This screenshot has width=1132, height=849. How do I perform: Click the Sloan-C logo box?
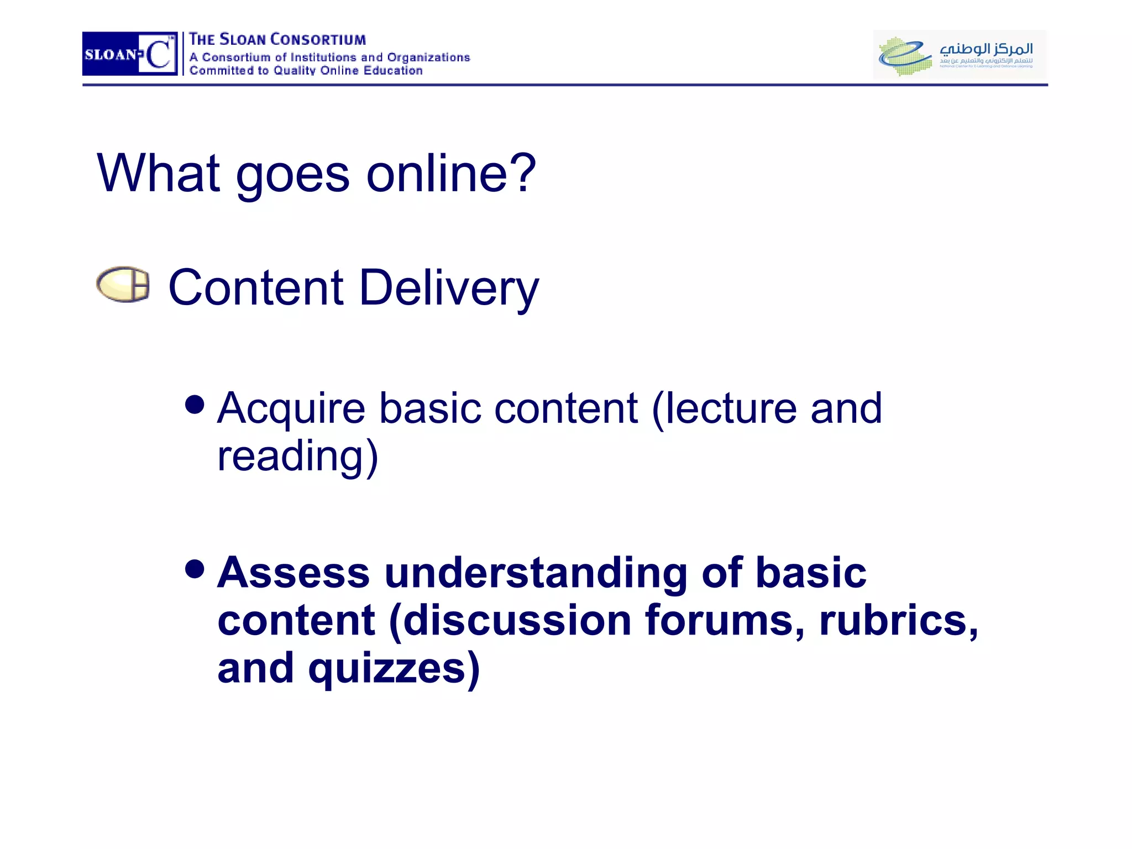click(129, 54)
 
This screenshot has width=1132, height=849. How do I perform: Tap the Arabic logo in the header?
click(959, 54)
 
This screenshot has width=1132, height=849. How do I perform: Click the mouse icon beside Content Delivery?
click(123, 285)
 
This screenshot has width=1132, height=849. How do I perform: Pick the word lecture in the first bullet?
click(724, 409)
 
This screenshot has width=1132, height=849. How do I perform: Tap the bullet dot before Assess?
click(195, 568)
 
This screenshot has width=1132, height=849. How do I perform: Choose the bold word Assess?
click(294, 573)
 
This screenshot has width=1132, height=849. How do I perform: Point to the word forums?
click(725, 620)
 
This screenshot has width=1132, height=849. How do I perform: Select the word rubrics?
click(899, 620)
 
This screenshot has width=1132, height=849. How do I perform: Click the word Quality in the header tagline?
click(295, 71)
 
